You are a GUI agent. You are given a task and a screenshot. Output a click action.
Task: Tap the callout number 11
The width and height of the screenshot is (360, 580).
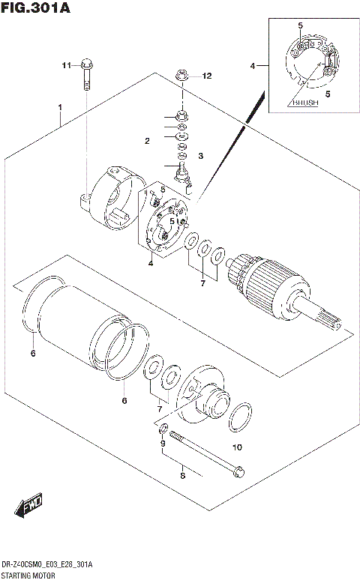pos(65,66)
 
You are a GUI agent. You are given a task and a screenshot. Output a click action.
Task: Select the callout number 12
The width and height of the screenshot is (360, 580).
pos(207,76)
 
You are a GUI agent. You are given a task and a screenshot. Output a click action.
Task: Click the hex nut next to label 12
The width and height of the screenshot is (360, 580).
pos(181,75)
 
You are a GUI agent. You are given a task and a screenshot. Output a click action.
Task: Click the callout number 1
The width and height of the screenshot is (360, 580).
pos(58,108)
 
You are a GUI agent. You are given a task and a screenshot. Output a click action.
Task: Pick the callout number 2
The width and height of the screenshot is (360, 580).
pos(148,141)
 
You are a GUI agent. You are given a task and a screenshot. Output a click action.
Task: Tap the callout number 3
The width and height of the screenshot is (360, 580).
pos(201,155)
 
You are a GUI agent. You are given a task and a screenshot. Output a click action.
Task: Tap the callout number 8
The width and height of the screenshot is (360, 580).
pos(181,474)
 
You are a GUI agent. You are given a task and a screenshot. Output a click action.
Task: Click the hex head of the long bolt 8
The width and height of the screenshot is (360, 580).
pos(238,472)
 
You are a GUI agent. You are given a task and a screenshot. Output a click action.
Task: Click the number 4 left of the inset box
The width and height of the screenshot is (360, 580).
pos(253,66)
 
